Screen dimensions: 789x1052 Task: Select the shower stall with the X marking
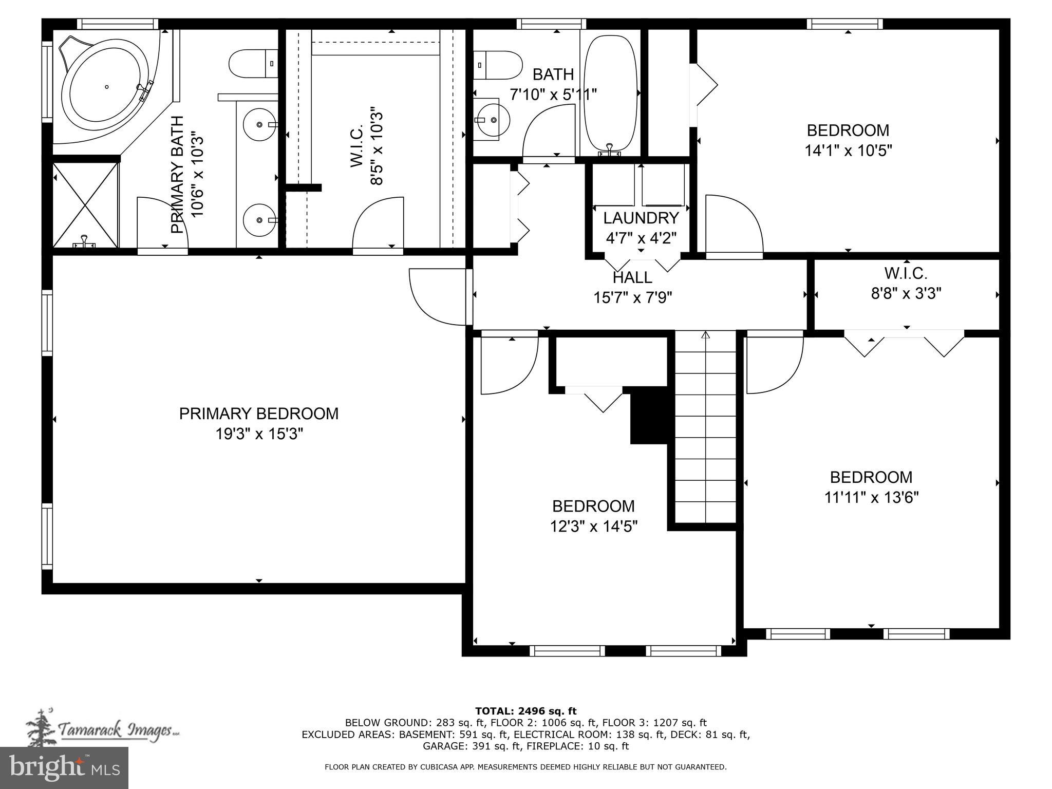point(86,204)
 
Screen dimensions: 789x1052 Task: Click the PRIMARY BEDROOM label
point(258,414)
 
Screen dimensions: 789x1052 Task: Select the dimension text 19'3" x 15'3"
point(258,434)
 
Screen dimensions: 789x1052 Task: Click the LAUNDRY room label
point(641,218)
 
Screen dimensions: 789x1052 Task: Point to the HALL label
point(632,277)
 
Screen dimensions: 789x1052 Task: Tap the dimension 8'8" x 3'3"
point(906,293)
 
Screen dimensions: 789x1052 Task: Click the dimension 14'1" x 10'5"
point(848,151)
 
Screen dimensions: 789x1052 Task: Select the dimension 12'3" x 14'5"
point(593,527)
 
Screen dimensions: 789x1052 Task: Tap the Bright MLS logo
point(64,767)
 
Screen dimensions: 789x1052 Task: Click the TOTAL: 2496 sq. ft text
point(525,711)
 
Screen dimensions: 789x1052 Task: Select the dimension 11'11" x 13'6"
point(871,498)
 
